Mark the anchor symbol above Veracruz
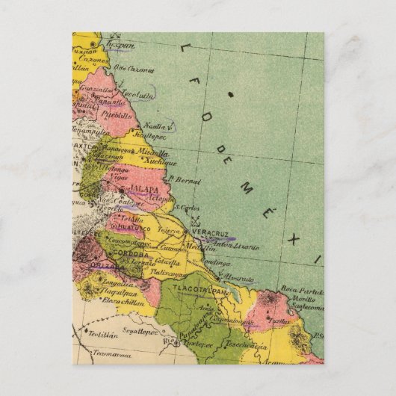pyautogui.click(x=196, y=221)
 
